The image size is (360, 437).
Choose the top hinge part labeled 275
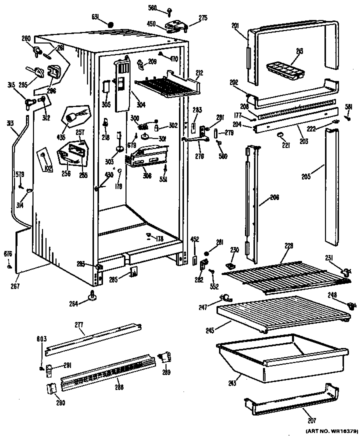tap(175, 26)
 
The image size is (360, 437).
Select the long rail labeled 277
tap(92, 340)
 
